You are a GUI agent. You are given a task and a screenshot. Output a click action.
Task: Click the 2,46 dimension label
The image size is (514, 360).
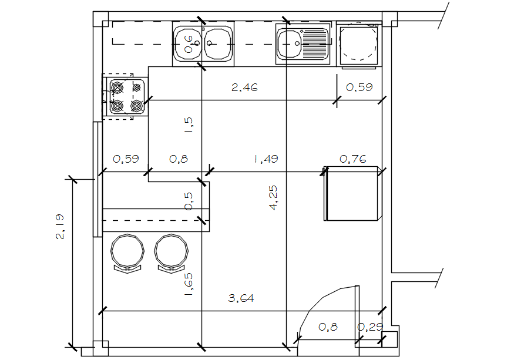pyautogui.click(x=244, y=88)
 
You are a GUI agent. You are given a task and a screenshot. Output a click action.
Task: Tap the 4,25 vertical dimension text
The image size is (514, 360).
pyautogui.click(x=273, y=198)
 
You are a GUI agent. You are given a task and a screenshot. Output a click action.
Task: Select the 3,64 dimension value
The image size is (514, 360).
pyautogui.click(x=241, y=298)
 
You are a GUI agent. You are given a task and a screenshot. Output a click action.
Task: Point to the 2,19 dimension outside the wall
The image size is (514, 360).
pyautogui.click(x=60, y=227)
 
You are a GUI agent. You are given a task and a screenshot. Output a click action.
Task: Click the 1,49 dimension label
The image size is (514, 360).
pyautogui.click(x=266, y=159)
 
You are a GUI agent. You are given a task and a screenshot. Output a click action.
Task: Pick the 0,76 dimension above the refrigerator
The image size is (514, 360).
pyautogui.click(x=353, y=159)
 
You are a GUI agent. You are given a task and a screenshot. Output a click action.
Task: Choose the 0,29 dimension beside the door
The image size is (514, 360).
pyautogui.click(x=370, y=327)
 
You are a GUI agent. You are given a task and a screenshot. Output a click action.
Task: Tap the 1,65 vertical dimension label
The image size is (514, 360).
pyautogui.click(x=189, y=285)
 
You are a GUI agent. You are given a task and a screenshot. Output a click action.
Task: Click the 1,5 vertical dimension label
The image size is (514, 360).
pyautogui.click(x=189, y=125)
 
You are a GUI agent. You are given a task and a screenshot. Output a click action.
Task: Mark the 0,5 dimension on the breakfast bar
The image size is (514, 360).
pyautogui.click(x=189, y=201)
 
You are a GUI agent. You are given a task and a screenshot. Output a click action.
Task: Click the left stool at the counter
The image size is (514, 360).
pyautogui.click(x=127, y=253)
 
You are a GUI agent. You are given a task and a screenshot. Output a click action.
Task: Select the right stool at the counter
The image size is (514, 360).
pyautogui.click(x=171, y=253)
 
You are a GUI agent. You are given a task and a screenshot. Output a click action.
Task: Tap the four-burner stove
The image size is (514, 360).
pyautogui.click(x=125, y=97)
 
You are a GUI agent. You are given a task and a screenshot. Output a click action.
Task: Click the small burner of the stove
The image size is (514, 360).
pyautogui.click(x=137, y=88)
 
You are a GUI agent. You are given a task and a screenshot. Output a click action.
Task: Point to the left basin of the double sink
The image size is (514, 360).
pyautogui.click(x=187, y=43)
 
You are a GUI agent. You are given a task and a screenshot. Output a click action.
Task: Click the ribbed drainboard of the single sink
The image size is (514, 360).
pyautogui.click(x=315, y=43)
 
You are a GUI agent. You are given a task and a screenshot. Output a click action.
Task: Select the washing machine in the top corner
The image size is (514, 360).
pyautogui.click(x=359, y=44)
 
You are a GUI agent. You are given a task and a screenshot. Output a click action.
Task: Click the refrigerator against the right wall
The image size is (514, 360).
pyautogui.click(x=352, y=193)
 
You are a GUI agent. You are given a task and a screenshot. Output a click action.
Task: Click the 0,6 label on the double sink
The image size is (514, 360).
pyautogui.click(x=189, y=45)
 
